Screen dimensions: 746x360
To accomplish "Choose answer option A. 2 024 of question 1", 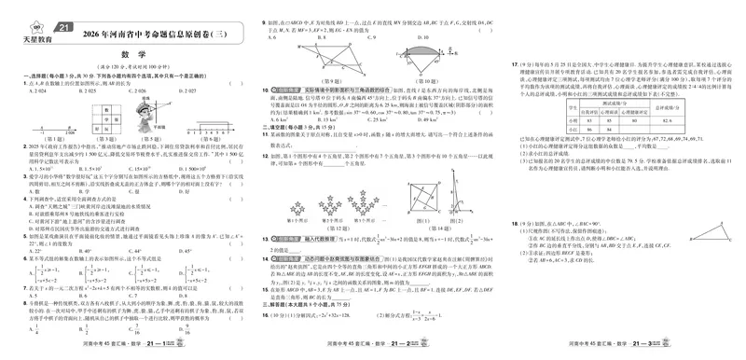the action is click(29, 92).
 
